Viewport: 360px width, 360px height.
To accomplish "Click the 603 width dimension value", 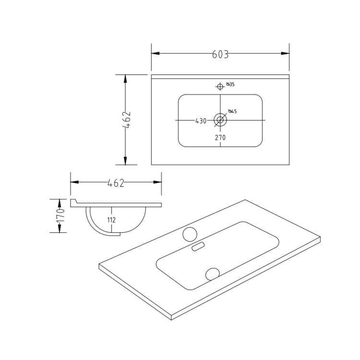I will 220,54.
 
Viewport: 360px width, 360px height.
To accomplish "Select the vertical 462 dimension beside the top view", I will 127,120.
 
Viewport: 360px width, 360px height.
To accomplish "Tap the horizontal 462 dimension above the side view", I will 116,183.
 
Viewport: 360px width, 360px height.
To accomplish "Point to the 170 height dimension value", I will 61,216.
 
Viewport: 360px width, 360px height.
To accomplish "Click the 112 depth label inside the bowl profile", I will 111,221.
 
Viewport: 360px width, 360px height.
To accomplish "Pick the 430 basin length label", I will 201,121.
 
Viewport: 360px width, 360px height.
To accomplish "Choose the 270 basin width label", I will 220,137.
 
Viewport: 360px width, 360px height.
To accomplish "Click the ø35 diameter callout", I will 230,85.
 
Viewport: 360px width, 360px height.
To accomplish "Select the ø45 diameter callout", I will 232,112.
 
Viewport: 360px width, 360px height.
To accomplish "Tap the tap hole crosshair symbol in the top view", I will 220,86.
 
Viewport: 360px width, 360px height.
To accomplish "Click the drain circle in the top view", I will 220,120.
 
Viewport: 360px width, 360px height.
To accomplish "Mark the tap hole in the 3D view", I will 190,233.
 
